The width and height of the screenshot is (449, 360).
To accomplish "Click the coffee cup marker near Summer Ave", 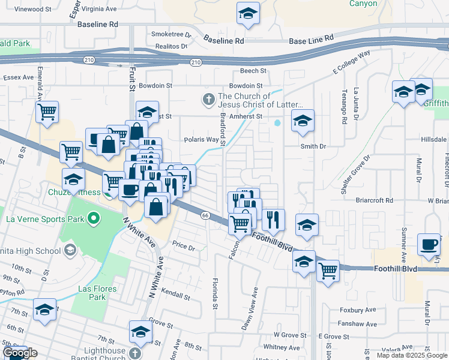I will coord(429,245).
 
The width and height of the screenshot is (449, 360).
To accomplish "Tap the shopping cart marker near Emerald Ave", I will coord(47,112).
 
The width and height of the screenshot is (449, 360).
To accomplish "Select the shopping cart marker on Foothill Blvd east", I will coord(328,271).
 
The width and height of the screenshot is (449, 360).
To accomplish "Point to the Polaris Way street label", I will coord(201,139).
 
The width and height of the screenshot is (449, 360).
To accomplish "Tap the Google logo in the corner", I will coord(19,353).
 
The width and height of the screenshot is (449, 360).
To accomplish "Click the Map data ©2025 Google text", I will coord(411,355).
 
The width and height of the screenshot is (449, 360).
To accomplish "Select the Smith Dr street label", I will coord(313,146).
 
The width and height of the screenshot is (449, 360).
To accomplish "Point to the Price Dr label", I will coord(184,247).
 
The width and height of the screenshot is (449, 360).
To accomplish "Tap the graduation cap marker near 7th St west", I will coord(44,310).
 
